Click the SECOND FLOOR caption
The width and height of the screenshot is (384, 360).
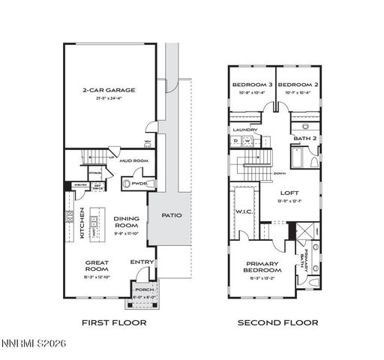(x=277, y=322)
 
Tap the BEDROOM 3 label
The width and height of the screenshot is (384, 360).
(x=251, y=85)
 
